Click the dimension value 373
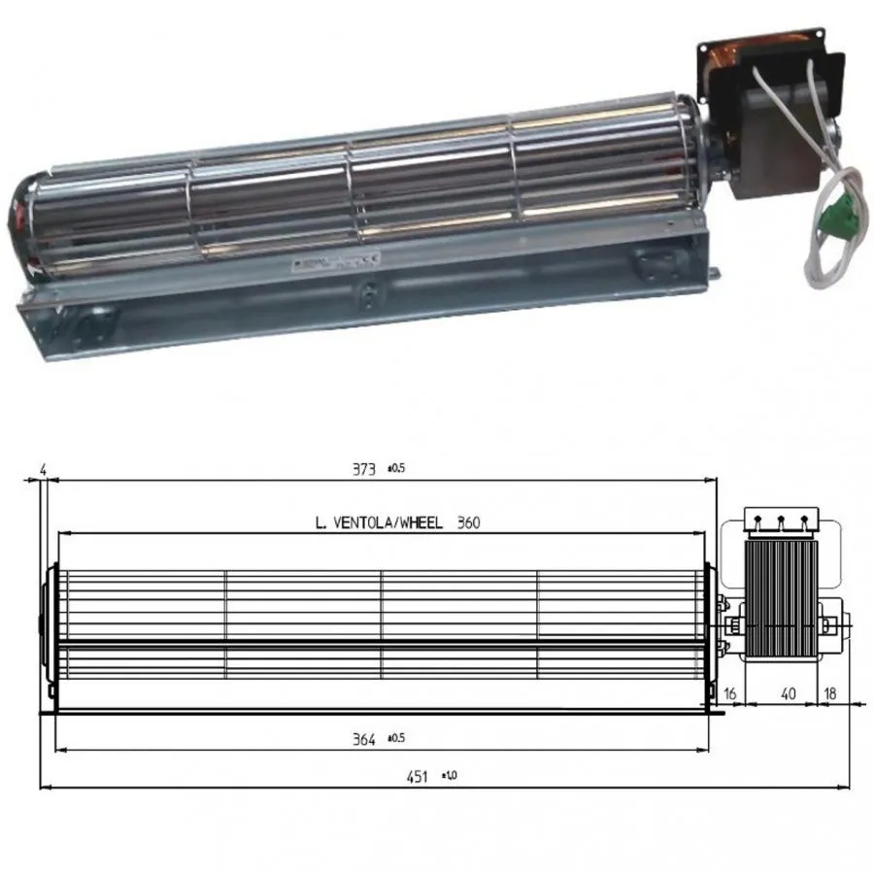click(x=363, y=469)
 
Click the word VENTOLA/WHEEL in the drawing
click(x=387, y=523)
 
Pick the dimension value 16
click(x=730, y=693)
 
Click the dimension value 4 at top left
click(x=43, y=470)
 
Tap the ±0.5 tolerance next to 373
click(x=395, y=468)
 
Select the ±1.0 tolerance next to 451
click(x=449, y=775)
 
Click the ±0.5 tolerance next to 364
click(x=395, y=738)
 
